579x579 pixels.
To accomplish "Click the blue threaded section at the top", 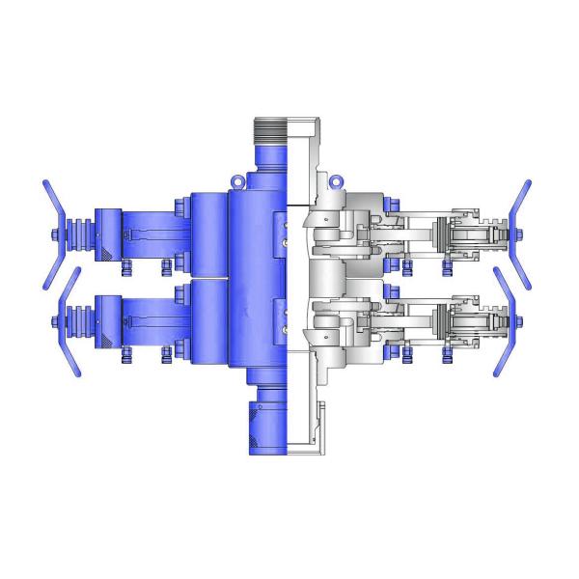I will tap(270, 129).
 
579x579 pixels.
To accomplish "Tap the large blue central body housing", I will tap(256, 280).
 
